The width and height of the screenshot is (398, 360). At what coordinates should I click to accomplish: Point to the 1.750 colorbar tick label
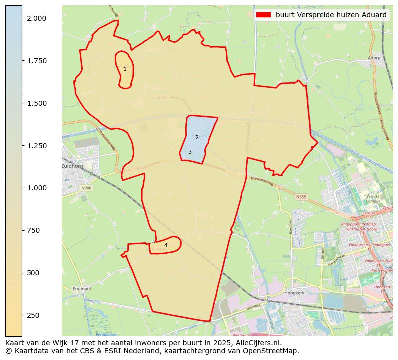tap(36, 61)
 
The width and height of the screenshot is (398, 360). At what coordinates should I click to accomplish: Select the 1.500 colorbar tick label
tap(36, 103)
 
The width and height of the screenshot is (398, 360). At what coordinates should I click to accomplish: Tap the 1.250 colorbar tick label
tap(36, 146)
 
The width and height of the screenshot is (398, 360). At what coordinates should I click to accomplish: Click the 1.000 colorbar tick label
tap(36, 188)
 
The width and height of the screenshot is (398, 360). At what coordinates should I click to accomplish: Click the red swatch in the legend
tap(263, 15)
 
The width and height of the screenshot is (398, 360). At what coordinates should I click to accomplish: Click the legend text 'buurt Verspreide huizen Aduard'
tap(331, 15)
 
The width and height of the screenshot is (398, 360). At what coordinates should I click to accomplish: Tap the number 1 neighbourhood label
tap(125, 69)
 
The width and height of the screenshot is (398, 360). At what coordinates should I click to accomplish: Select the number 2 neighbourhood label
tap(197, 137)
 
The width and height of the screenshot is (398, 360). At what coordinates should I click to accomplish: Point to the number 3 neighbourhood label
tap(190, 152)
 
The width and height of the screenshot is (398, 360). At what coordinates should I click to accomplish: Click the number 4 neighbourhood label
tap(166, 245)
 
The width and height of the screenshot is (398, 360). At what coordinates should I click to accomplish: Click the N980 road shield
tap(86, 188)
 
